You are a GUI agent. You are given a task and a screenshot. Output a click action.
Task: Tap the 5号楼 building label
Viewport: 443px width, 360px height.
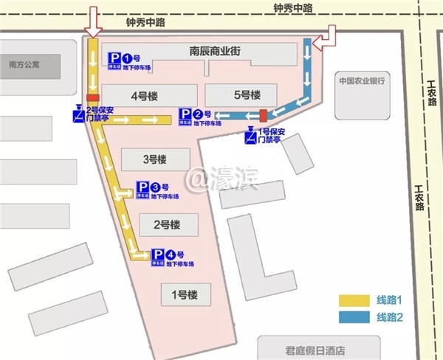247,95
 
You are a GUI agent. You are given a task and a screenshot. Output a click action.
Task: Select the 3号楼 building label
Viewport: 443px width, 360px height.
155,159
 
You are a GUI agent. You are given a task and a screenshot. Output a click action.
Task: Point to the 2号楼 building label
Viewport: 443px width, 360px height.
167,224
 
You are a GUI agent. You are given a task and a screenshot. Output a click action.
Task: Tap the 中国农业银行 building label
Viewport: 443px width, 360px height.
363,80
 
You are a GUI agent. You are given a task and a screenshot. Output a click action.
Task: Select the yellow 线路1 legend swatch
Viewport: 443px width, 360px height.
354,301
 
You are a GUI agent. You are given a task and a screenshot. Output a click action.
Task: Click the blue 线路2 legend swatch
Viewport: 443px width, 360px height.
354,317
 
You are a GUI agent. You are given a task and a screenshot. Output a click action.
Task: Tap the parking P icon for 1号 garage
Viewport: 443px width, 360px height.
115,58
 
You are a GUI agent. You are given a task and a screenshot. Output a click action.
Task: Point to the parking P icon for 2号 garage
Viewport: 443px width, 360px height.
186,115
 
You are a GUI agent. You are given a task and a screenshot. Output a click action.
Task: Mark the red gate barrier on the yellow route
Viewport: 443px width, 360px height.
93,99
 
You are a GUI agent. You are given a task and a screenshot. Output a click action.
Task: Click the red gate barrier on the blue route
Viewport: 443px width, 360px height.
263,114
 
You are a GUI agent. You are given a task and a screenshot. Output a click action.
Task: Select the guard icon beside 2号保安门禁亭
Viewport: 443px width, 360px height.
78,114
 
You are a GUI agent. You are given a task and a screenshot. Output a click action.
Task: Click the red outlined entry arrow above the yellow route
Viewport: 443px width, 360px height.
93,21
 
